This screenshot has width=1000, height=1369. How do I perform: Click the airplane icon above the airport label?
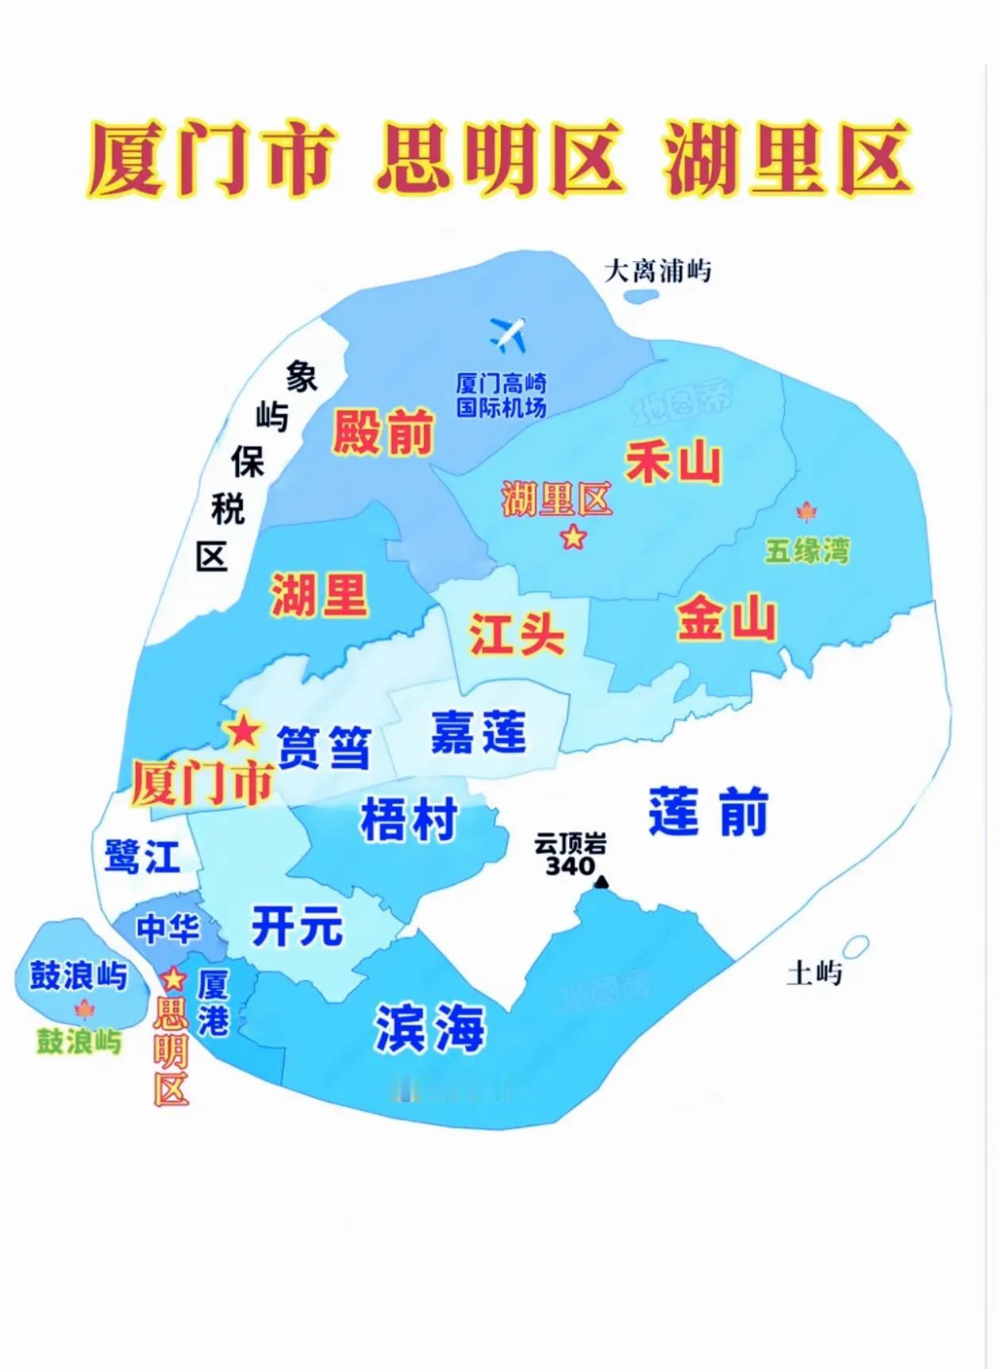(x=508, y=334)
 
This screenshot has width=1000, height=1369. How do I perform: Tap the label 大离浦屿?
(x=657, y=271)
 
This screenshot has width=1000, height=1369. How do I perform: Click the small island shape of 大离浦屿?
(x=641, y=297)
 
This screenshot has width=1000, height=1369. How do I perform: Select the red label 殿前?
(x=383, y=433)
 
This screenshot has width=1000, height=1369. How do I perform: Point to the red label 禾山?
(x=673, y=462)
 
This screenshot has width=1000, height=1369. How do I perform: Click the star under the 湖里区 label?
(x=573, y=537)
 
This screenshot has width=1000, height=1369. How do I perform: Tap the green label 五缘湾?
(x=807, y=550)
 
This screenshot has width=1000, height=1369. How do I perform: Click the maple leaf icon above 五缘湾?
(x=806, y=512)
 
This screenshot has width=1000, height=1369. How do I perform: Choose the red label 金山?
(x=725, y=619)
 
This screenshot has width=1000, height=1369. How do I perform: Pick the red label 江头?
(x=517, y=634)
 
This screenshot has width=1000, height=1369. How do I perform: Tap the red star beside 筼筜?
(x=244, y=730)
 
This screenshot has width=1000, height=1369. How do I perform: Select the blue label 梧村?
(x=409, y=819)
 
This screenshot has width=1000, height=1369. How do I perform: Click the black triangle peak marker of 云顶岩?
(x=602, y=881)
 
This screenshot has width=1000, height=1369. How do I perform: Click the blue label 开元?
(x=297, y=926)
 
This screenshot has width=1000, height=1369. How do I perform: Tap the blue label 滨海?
(x=429, y=1028)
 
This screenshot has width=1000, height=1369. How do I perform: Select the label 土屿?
(x=813, y=973)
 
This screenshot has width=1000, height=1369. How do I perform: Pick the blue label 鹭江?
(x=142, y=857)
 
